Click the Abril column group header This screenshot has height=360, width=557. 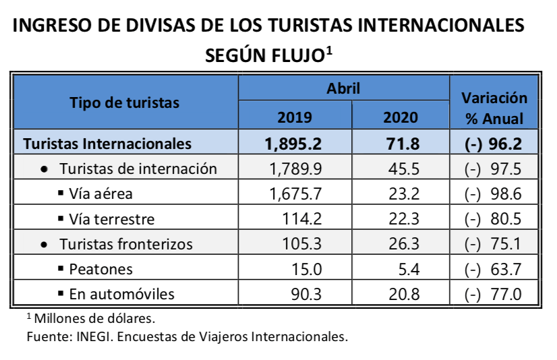(x=343, y=88)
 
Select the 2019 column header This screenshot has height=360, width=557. (x=295, y=117)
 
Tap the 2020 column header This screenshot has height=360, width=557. (x=401, y=117)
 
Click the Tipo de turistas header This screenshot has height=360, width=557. (x=125, y=102)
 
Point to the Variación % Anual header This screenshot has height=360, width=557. (x=494, y=107)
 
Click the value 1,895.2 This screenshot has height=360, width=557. (x=294, y=143)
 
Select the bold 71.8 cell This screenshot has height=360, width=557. (x=401, y=143)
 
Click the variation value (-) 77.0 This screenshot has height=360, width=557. (x=495, y=294)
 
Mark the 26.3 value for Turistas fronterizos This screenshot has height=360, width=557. (x=405, y=244)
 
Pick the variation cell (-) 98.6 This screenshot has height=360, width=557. (x=495, y=194)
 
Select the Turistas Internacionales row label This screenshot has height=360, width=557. (x=107, y=143)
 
